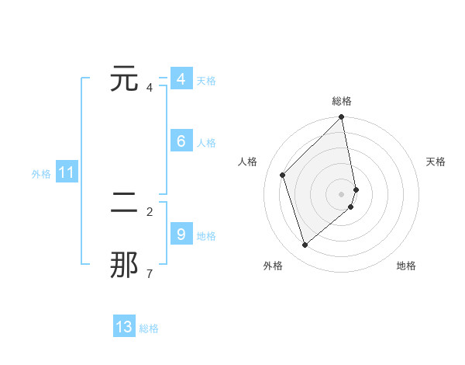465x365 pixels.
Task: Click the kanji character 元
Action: click(125, 79)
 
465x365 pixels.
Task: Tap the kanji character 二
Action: click(125, 204)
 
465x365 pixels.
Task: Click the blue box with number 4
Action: click(181, 79)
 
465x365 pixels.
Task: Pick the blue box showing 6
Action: click(181, 141)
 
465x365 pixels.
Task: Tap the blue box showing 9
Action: click(181, 235)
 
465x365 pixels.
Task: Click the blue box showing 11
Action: click(66, 173)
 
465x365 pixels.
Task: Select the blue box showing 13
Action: click(124, 327)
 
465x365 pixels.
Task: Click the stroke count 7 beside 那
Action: click(150, 273)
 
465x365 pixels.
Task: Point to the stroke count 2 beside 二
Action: click(150, 211)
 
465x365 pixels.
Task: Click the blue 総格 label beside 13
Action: click(149, 328)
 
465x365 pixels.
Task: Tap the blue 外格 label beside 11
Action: click(41, 174)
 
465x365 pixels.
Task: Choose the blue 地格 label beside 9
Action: click(206, 236)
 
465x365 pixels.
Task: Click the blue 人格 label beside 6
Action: click(206, 143)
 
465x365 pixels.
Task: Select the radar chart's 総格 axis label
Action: click(342, 101)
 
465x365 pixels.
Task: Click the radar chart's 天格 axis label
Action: click(436, 162)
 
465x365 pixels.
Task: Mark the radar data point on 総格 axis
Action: click(342, 118)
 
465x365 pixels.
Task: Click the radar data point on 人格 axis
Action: click(283, 175)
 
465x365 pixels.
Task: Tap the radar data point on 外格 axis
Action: click(305, 245)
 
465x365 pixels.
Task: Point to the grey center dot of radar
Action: click(342, 193)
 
